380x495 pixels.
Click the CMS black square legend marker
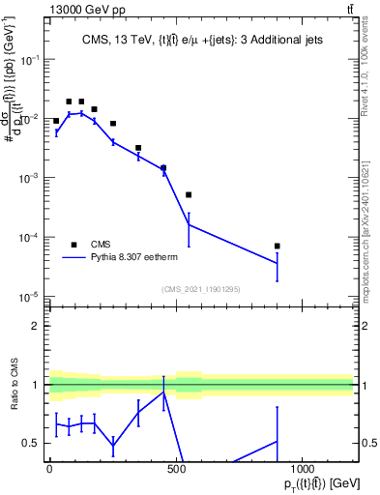73,245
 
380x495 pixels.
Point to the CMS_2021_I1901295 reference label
200,289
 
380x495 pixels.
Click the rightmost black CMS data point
277,246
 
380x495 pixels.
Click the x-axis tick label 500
176,468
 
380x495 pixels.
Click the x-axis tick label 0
49,468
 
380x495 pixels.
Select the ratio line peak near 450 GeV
163,392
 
